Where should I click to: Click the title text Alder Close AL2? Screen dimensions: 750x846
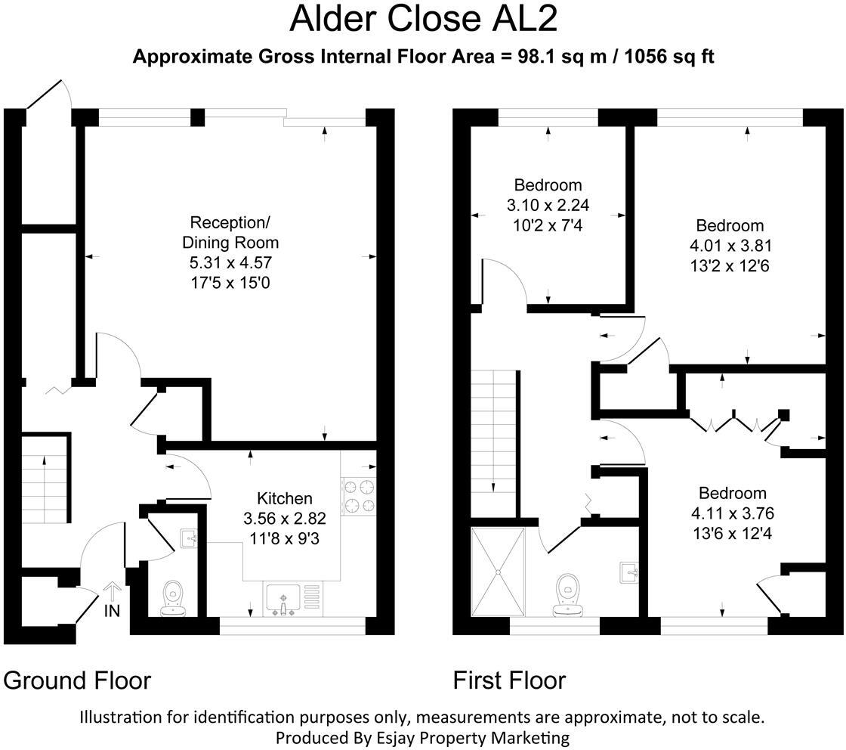(423, 20)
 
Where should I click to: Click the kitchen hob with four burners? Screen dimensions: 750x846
(359, 496)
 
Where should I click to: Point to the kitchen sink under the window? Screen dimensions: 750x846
(283, 600)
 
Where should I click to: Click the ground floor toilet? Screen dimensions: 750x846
(174, 598)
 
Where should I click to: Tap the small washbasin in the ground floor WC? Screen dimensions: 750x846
(189, 538)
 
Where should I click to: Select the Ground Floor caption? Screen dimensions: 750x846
(77, 680)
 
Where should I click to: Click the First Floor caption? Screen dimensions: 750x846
(509, 680)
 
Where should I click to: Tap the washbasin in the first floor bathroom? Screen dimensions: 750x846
(629, 573)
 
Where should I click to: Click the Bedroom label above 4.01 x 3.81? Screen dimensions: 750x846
(730, 225)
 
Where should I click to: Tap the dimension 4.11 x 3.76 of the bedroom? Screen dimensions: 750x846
(732, 513)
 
